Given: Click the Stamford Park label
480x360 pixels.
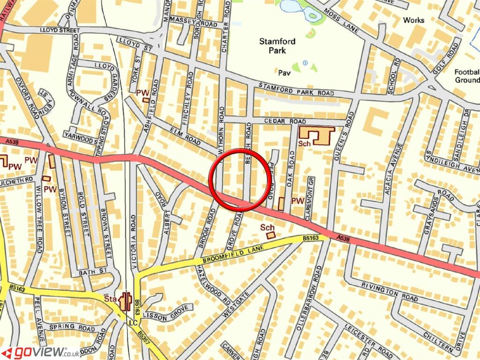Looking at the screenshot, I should pos(277,45).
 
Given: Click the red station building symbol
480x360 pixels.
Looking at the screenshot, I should pos(125,301).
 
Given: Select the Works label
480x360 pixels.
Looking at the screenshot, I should pos(413,20).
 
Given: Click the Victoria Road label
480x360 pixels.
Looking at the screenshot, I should pos(134,241).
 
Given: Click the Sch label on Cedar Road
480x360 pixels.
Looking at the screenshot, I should pos(304,144).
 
